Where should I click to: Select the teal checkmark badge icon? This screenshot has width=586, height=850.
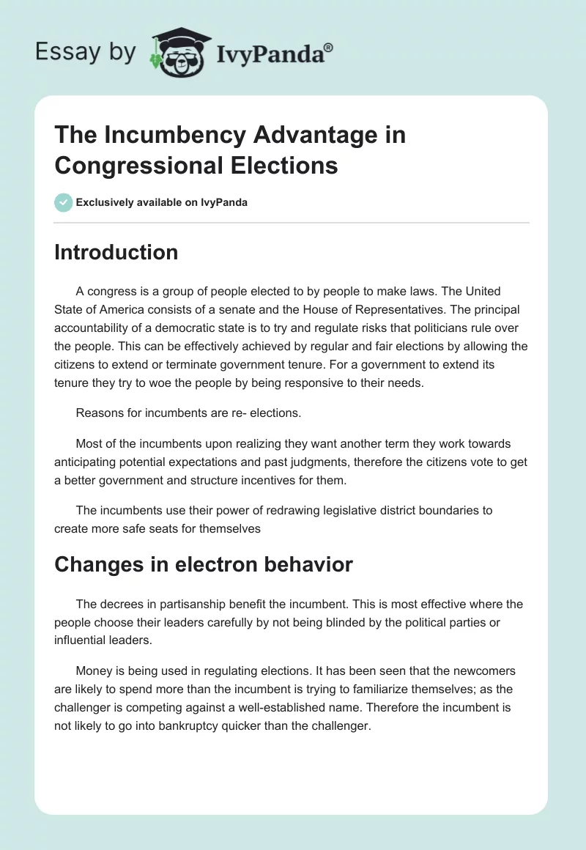63,202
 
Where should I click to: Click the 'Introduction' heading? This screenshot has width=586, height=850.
116,252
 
